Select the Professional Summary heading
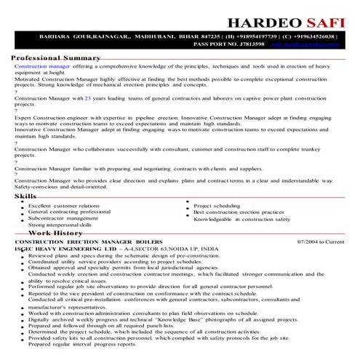coord(55,57)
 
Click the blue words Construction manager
coord(42,65)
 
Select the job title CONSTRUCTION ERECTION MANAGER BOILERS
coord(89,241)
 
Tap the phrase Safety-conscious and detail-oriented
coord(60,187)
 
